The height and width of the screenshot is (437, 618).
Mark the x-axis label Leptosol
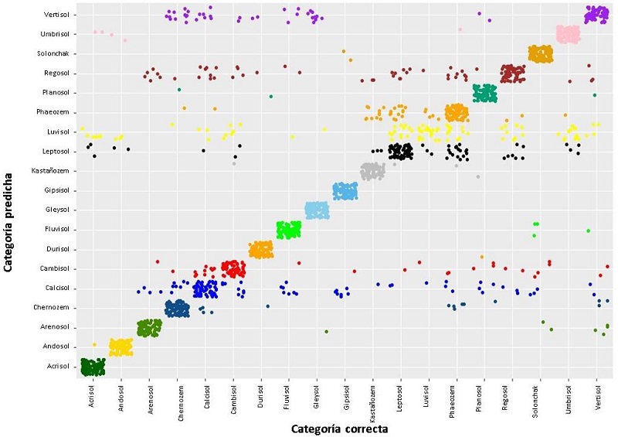pos(400,399)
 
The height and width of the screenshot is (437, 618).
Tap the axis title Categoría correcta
pos(339,428)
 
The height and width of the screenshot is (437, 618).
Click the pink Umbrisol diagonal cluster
pos(568,34)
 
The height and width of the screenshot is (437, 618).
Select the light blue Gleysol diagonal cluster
pos(317,210)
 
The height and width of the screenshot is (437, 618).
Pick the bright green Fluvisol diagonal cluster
pos(289,229)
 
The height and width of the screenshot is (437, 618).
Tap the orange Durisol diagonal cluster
pos(261,249)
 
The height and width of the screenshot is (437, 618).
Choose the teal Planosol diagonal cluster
pos(484,93)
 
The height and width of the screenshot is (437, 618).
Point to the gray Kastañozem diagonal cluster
pos(372,170)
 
